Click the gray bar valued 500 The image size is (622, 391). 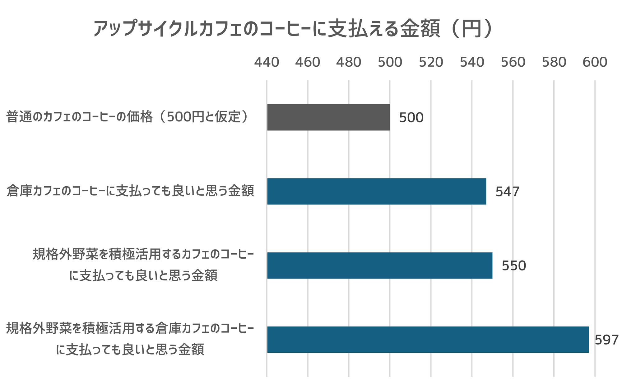pos(328,117)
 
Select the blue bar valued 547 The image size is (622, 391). pos(376,191)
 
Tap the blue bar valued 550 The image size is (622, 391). pos(379,265)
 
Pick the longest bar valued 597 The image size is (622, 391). pos(428,340)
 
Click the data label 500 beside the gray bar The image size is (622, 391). pos(411,118)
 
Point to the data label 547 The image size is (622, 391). pos(507,192)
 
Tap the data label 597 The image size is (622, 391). pos(606,340)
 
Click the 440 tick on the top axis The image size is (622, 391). pos(267,62)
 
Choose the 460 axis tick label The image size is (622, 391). pos(308,62)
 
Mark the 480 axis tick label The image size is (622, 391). pos(349,62)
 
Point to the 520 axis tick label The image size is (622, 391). pos(431,62)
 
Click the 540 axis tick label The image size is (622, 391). pos(472,62)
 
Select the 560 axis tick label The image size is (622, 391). pos(513,62)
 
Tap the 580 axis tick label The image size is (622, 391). pos(554,62)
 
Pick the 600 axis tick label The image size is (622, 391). pos(595,62)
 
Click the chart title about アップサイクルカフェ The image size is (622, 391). pos(292,29)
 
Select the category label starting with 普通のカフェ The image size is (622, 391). pos(128,117)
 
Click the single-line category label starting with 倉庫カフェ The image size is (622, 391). pos(130,191)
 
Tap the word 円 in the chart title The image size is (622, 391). pos(471,29)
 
